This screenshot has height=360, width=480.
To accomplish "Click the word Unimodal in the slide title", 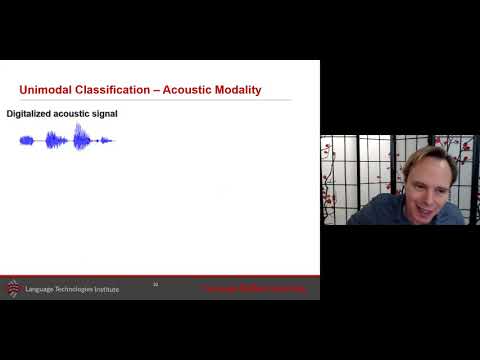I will pos(43,90).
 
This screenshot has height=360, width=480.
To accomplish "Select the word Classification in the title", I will pos(107,90).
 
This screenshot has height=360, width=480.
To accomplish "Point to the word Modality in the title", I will pos(239,90).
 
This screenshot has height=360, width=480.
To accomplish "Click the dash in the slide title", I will pos(153,90).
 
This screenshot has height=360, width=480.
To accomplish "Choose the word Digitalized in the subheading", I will pos(31,114).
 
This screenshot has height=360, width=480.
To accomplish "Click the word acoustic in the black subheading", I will pos(75,114).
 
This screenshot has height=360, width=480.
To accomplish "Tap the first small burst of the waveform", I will pos(27,140).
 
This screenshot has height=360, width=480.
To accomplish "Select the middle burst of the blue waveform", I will pos(55,140).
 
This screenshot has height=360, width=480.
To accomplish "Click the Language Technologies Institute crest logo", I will pos(13,288).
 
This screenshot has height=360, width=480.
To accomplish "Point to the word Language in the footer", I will pos(43,288).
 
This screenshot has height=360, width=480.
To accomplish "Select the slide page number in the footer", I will pos(156,285).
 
